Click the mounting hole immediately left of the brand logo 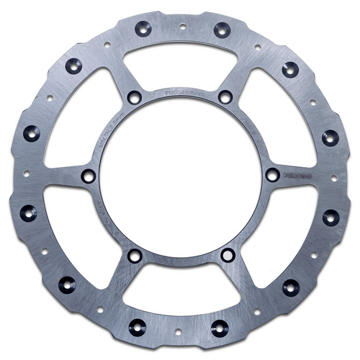272,175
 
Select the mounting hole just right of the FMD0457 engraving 225,96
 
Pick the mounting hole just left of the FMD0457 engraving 133,96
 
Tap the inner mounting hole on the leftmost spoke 88,176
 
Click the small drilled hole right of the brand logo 333,178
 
